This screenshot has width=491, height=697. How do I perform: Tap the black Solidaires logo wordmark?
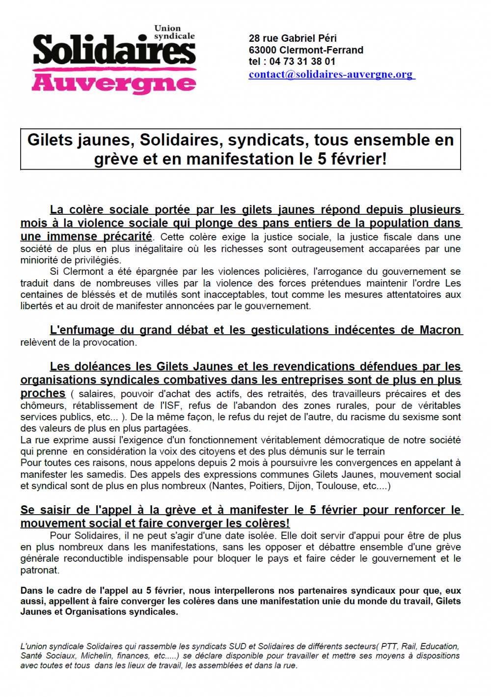pos(114,51)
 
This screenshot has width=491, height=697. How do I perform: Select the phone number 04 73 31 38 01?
pos(302,61)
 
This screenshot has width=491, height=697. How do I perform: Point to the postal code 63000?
pos(262,50)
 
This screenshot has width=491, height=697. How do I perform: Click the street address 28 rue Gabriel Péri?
pos(293,38)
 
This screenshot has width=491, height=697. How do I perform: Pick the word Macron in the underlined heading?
pos(440,330)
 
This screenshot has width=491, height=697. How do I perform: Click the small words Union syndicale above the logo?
pos(174,32)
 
